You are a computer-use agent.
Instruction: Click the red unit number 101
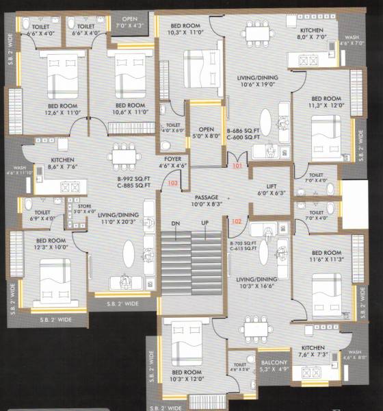coord(237,166)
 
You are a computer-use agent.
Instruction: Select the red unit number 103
coord(172,184)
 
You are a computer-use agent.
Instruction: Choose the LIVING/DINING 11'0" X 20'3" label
coord(114,219)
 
